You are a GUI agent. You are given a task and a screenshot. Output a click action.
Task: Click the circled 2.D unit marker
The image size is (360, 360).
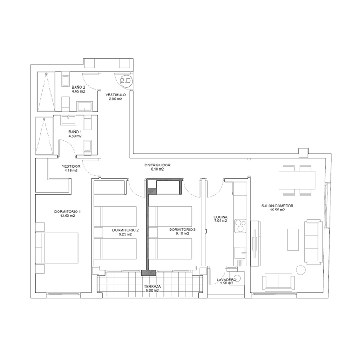(x=126, y=81)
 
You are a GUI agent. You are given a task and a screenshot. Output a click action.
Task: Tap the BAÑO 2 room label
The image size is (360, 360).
(x=78, y=87)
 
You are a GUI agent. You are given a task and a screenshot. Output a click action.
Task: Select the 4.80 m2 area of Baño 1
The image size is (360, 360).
(x=75, y=136)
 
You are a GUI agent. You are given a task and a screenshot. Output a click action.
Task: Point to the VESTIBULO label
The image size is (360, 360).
(x=116, y=94)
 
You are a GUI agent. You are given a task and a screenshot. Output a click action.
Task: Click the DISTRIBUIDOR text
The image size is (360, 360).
(x=157, y=165)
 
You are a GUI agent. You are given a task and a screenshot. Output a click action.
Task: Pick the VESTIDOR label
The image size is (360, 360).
(x=71, y=166)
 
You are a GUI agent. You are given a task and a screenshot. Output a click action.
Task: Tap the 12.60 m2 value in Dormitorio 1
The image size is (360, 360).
(x=67, y=216)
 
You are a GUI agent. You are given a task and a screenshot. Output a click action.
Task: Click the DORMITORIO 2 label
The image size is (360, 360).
(x=126, y=230)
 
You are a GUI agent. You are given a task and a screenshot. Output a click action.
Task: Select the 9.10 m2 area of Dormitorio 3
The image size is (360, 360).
(x=182, y=234)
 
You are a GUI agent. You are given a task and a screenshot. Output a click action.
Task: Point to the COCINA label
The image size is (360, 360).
(x=220, y=217)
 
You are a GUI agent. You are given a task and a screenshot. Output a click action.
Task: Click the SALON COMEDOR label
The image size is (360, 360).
(x=278, y=206)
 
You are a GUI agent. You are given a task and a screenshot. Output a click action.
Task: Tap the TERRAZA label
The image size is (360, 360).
(x=153, y=286)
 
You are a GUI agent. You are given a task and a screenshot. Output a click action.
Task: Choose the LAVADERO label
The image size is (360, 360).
(x=227, y=279)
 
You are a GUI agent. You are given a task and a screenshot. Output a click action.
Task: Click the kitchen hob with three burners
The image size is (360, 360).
(x=240, y=226)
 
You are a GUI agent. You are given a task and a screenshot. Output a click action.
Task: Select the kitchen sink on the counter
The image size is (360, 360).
(x=240, y=253)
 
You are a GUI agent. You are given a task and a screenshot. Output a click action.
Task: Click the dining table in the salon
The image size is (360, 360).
(x=297, y=180)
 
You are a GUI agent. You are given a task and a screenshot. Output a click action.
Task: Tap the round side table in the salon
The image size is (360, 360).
(x=301, y=270)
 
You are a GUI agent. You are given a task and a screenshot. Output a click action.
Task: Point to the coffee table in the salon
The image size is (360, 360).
(x=293, y=239)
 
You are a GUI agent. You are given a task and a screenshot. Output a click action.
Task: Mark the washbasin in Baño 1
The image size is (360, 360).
(x=68, y=120)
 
